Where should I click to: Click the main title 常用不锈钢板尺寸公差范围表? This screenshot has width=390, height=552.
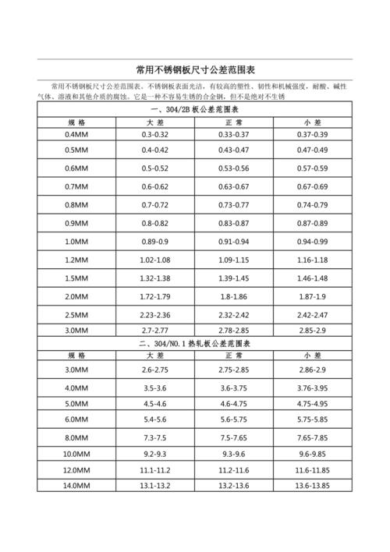click(x=194, y=69)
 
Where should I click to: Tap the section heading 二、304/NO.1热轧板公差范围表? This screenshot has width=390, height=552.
click(x=194, y=344)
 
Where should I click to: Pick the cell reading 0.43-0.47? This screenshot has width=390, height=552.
click(x=233, y=150)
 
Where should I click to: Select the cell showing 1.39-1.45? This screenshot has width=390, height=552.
click(x=233, y=278)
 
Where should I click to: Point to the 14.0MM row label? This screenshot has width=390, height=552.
click(x=79, y=486)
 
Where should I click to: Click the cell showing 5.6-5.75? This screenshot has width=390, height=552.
click(x=233, y=419)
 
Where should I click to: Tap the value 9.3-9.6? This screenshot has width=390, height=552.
click(x=233, y=453)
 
